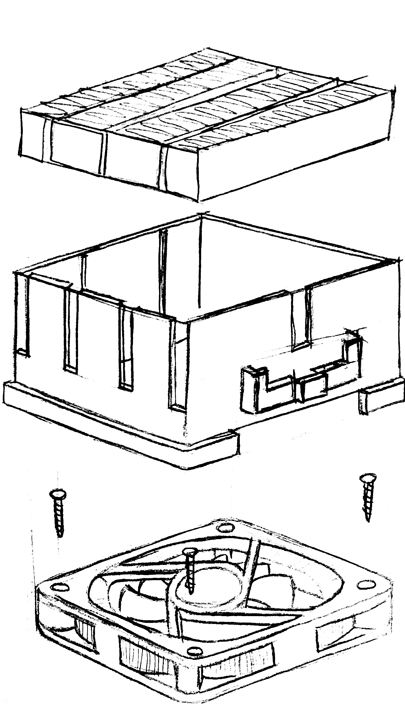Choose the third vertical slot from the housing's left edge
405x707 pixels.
pos(126,349)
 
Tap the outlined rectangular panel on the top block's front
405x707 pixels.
pos(77,148)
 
